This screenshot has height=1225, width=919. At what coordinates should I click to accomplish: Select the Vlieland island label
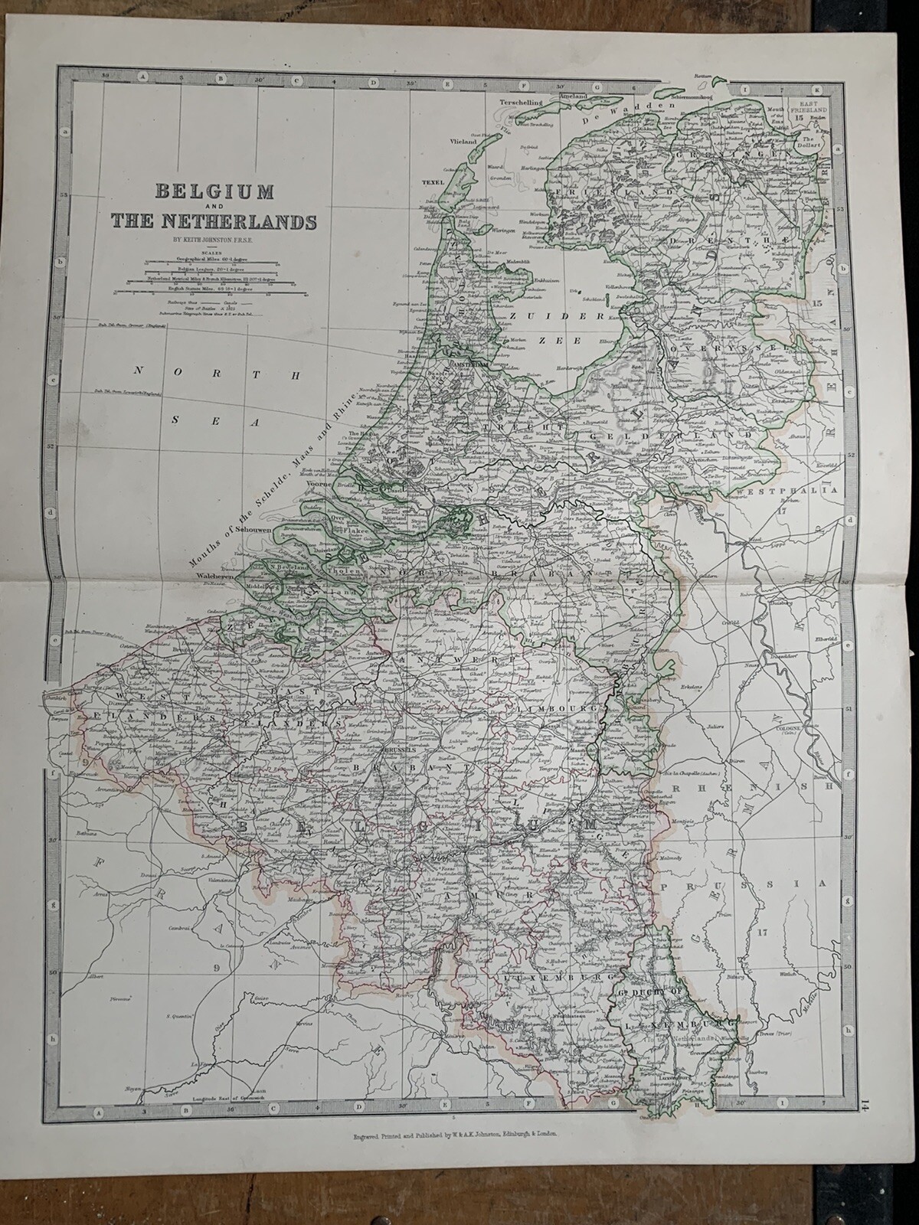click(x=463, y=142)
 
